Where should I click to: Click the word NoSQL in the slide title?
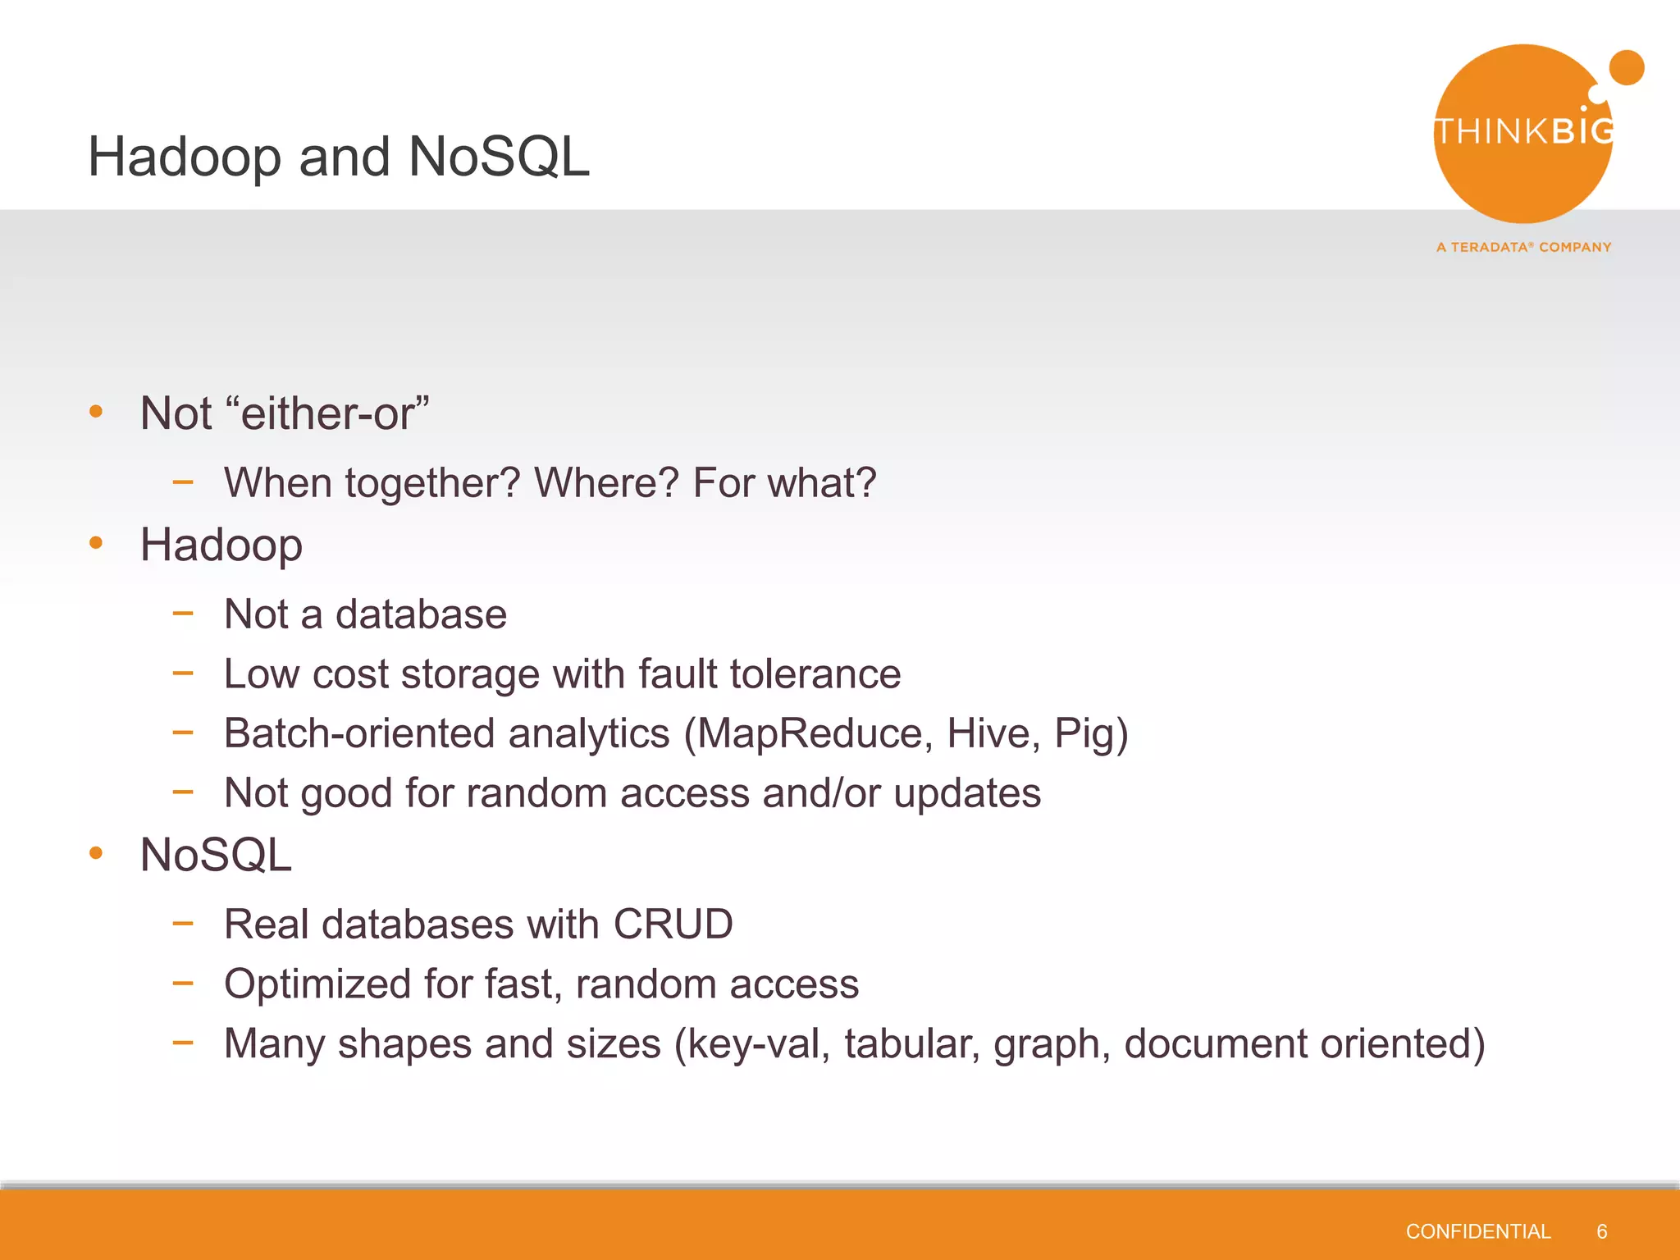[499, 157]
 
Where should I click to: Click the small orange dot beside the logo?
[1627, 67]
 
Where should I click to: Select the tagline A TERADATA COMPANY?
[1524, 247]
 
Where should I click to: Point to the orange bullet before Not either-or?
[96, 411]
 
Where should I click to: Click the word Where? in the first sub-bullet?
[606, 482]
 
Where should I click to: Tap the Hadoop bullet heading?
[221, 545]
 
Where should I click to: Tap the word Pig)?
[1091, 733]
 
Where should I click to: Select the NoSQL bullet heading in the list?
[216, 855]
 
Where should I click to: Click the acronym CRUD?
[673, 924]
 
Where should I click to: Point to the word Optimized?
[317, 984]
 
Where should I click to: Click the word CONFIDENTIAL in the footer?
[1477, 1231]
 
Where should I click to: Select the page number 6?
[1601, 1231]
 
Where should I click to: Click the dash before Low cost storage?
[183, 673]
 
